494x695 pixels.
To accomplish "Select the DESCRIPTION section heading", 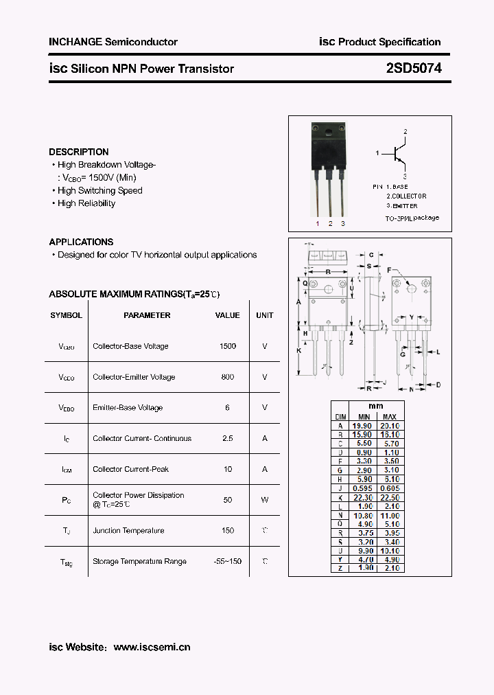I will point(79,152).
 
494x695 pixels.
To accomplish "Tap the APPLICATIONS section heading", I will point(81,242).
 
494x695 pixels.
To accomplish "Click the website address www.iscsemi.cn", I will point(152,647).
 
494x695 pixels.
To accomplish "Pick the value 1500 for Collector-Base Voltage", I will point(227,346).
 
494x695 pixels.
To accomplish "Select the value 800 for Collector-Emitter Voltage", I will point(227,377).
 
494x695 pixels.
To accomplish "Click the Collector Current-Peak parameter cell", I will point(130,469).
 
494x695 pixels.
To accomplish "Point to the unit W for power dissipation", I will point(264,500).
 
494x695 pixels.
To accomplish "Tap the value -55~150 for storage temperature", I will point(227,561).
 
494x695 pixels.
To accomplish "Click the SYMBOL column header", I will point(66,315).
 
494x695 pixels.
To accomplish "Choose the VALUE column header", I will point(227,315).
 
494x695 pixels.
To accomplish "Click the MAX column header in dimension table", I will point(389,417).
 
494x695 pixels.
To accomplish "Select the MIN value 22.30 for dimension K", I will point(362,498).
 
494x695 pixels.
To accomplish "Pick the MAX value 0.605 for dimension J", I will point(389,488).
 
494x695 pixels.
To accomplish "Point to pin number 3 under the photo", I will point(343,224).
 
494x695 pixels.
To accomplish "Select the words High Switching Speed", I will point(100,190).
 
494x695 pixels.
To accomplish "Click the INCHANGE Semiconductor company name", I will point(113,42).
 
